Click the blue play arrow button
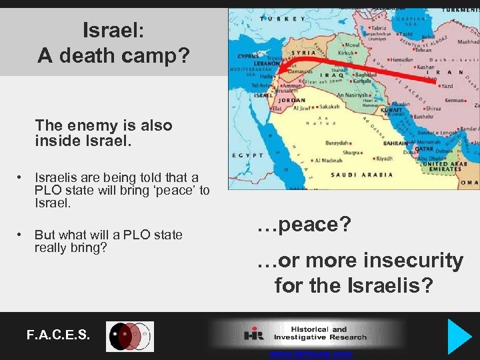460,335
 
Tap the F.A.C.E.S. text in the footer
58,335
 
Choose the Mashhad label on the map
468,41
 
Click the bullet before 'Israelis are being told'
22,177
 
